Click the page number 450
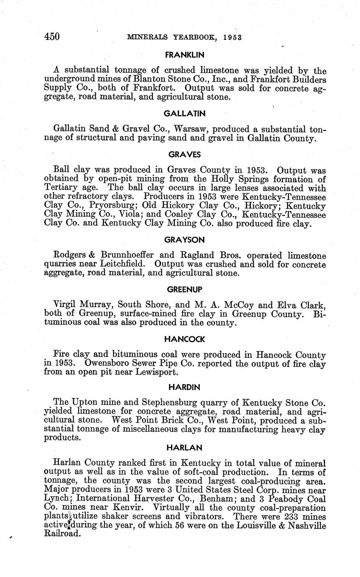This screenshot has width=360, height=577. coord(52,37)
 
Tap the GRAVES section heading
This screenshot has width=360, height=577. coord(184,154)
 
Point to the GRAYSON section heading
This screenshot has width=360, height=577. coord(184,240)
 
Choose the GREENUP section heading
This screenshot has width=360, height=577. coord(184,290)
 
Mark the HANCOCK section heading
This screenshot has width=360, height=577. coord(184,339)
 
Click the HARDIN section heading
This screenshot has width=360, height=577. coord(184,387)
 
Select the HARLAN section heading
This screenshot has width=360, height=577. coord(184,447)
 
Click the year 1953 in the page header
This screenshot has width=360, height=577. coord(232,37)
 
